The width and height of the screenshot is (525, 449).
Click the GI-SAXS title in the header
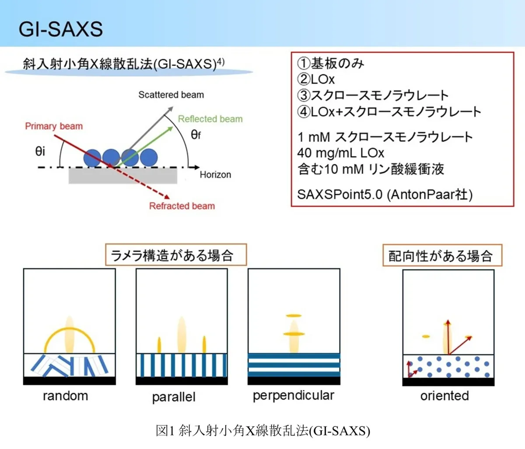click(x=61, y=29)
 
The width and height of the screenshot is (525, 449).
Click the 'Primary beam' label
click(x=54, y=126)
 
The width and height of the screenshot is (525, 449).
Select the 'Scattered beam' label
click(x=171, y=95)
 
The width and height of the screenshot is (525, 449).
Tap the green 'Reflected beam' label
click(x=210, y=119)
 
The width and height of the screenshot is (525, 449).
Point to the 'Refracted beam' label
click(x=182, y=206)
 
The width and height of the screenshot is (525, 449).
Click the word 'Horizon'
click(x=215, y=174)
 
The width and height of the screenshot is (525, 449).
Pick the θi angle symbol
click(x=40, y=151)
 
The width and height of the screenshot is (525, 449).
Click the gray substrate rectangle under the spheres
click(x=123, y=175)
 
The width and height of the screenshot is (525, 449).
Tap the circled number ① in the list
click(x=304, y=63)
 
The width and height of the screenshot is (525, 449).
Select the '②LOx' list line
click(x=316, y=79)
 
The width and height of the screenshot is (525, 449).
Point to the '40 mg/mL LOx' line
click(x=341, y=153)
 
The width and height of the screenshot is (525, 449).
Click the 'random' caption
click(x=66, y=396)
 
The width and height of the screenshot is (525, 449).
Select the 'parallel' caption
click(x=174, y=397)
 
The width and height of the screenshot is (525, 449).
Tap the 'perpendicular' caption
click(x=294, y=396)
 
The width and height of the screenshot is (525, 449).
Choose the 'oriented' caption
click(x=444, y=396)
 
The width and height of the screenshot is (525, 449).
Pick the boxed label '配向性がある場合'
click(x=442, y=255)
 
